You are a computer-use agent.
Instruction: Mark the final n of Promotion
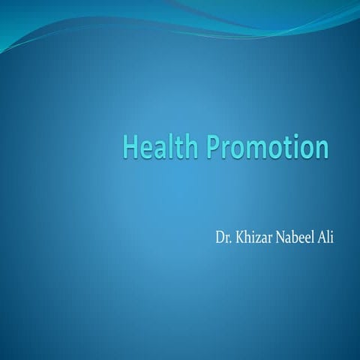point(321,148)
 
